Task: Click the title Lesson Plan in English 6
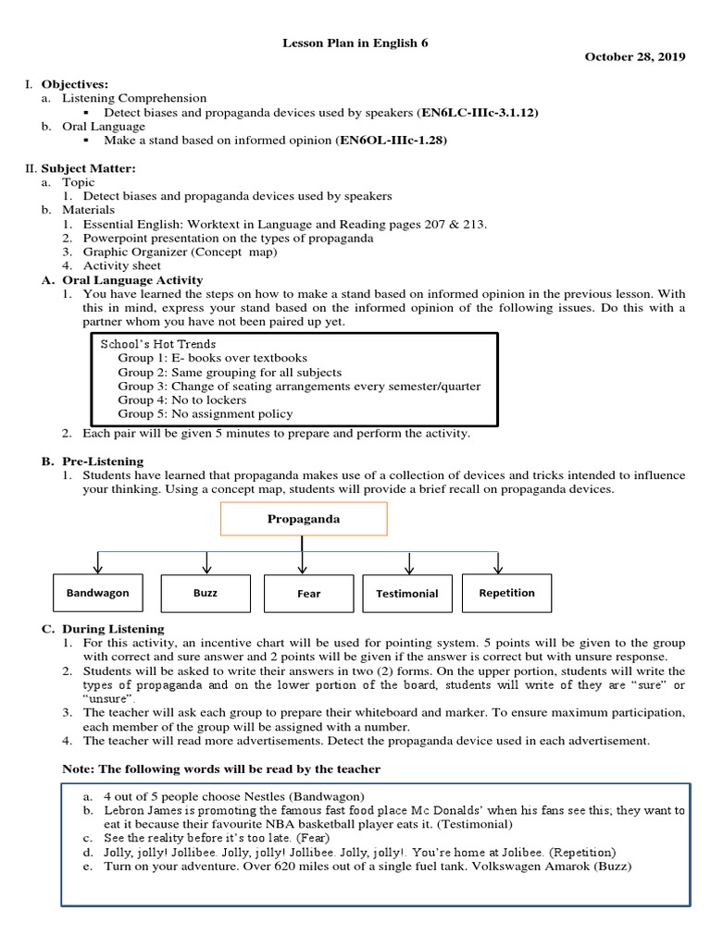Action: [x=355, y=43]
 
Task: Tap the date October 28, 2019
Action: [x=635, y=57]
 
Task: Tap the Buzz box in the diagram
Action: [x=206, y=592]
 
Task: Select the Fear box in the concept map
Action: [x=308, y=593]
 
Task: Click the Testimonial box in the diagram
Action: [x=406, y=593]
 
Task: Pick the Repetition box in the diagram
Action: [x=506, y=592]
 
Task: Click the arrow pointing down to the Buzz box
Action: [x=206, y=561]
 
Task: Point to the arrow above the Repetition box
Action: [x=499, y=561]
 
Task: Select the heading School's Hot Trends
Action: [x=157, y=343]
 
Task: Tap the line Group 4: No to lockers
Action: [x=181, y=400]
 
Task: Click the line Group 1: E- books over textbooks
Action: [x=212, y=357]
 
